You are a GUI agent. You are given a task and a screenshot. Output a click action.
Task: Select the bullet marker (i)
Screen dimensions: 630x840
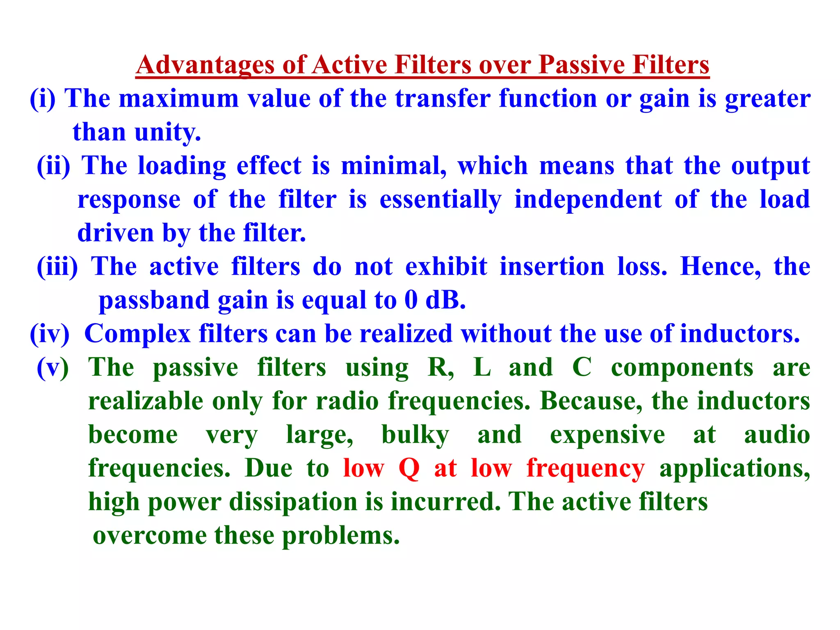(42, 99)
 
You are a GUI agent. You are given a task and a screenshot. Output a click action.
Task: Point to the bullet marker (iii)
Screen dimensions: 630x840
(57, 267)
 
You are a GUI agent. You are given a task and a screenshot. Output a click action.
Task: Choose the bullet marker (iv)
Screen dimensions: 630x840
(50, 333)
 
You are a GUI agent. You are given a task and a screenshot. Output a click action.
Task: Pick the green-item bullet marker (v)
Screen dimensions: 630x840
(53, 367)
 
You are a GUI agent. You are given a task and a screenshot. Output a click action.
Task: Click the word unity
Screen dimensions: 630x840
(168, 132)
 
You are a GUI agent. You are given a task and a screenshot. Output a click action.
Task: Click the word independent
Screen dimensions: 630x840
(588, 200)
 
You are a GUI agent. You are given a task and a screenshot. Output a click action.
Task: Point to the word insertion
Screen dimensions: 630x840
(552, 267)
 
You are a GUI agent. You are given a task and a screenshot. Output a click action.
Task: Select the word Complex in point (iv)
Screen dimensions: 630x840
(137, 333)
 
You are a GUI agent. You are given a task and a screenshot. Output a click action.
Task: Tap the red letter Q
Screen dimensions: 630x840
(409, 468)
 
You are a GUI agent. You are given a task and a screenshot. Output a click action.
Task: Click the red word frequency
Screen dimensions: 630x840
(585, 468)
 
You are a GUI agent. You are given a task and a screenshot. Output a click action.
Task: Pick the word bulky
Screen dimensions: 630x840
(415, 435)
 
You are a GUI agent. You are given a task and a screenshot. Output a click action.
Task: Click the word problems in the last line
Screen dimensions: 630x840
(340, 536)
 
